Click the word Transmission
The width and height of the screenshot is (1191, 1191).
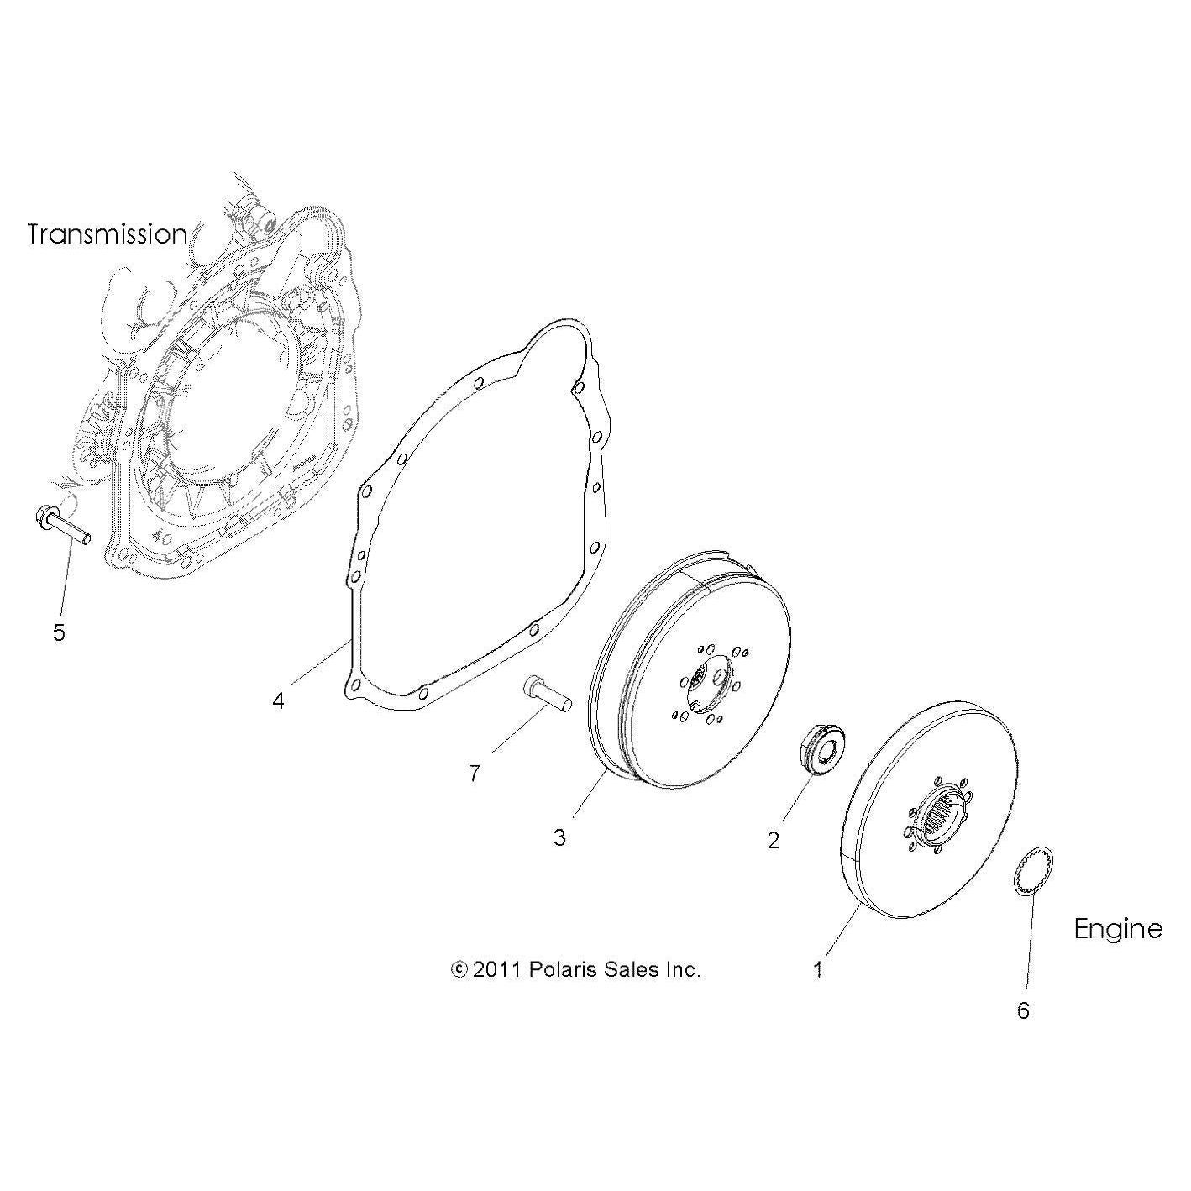[107, 234]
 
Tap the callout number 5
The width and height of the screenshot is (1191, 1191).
[59, 632]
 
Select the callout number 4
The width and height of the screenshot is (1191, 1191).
[279, 700]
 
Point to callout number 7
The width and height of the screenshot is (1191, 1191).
[474, 774]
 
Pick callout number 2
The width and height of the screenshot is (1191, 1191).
[774, 840]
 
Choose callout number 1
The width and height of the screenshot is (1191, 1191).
[818, 970]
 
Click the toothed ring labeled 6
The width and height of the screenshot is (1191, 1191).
[1035, 876]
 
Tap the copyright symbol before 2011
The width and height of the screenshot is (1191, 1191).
[459, 969]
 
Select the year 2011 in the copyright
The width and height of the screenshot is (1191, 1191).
[497, 969]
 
